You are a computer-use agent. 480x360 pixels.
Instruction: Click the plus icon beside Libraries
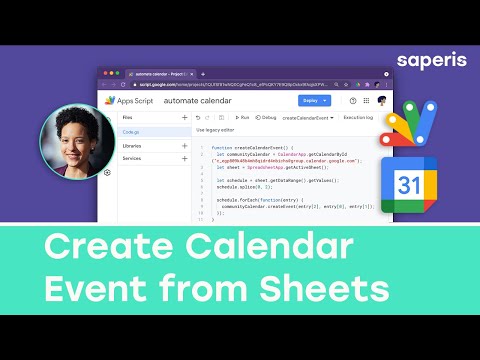point(184,145)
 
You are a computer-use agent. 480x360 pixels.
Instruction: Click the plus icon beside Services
point(184,158)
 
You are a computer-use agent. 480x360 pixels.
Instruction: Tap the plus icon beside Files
point(184,117)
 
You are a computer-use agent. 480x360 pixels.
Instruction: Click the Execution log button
point(358,117)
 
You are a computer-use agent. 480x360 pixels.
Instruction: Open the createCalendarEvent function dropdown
point(306,117)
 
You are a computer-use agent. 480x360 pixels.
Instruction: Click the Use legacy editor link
point(216,130)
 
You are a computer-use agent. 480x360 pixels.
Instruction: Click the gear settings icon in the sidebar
point(107,172)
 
